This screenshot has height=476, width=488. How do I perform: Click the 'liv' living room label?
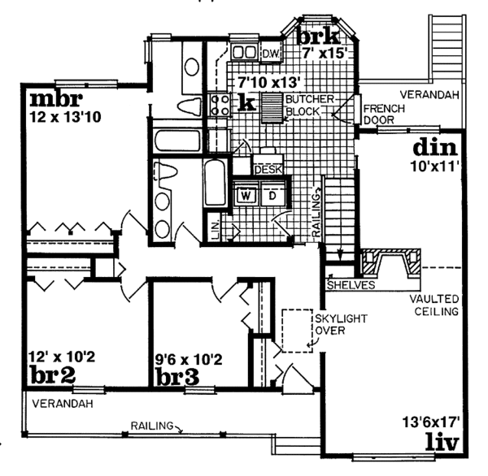[x=443, y=444]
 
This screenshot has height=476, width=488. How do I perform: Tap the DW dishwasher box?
[x=272, y=53]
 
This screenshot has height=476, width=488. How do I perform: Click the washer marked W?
[x=245, y=195]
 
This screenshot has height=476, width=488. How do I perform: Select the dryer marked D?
[x=272, y=195]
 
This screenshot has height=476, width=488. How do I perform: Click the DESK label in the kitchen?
[x=268, y=170]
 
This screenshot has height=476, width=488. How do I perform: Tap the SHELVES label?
[x=351, y=285]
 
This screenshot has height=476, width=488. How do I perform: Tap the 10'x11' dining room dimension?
[x=437, y=168]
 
